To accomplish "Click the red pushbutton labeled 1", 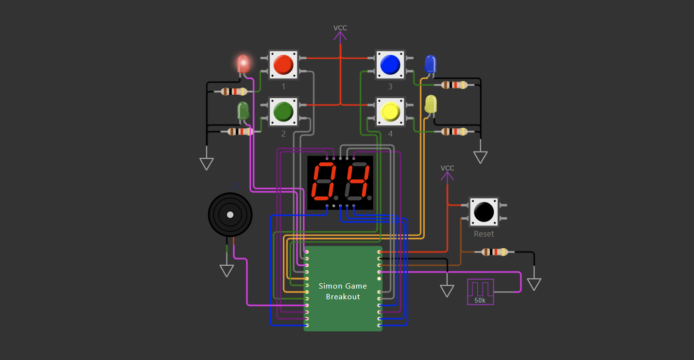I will point(283,65).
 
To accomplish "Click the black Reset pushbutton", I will point(484,212).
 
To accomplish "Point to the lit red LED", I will point(243,64).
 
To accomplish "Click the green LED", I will point(243,111).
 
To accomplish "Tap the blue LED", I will point(431,64).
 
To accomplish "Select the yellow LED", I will point(431,104).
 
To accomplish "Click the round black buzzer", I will point(230,215).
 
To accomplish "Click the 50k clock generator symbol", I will point(480,291).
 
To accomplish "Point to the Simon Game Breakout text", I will point(343,291).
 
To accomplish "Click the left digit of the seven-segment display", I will point(323,182).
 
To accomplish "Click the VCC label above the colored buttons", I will point(340,28).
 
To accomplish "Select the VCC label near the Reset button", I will point(447,168).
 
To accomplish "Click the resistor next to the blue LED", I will point(454,85).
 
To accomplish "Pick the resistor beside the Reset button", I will point(494,252).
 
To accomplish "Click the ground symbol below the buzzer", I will point(226,270).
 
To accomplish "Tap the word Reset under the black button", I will point(484,234).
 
